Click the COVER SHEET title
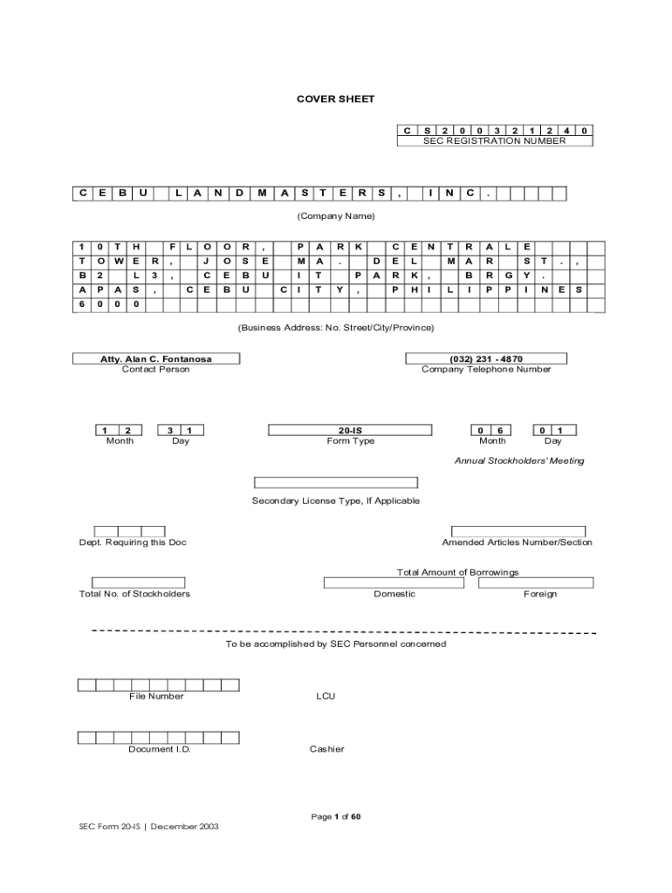(x=335, y=99)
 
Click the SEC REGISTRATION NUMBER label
(x=494, y=140)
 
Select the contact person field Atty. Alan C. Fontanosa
(x=155, y=358)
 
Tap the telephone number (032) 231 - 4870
(x=486, y=358)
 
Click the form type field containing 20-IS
(x=350, y=429)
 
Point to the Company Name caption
(x=336, y=215)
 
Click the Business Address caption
(x=336, y=327)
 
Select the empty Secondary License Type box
(x=336, y=482)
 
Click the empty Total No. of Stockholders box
(x=138, y=583)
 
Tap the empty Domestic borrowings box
(x=394, y=583)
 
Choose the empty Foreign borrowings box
(x=536, y=583)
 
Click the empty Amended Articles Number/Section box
(x=518, y=531)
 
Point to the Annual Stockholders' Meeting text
(x=519, y=460)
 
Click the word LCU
(x=326, y=697)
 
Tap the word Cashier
(x=326, y=749)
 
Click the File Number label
(x=156, y=696)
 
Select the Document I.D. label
(x=160, y=749)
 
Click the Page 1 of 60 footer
(x=336, y=816)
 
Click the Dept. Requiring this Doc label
(x=133, y=542)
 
